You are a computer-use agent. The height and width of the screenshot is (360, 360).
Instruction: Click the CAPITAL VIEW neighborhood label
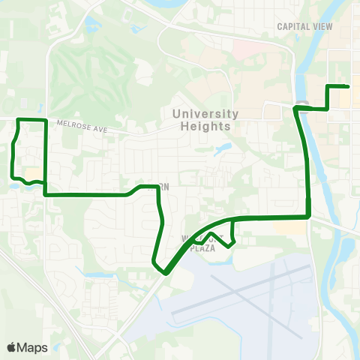click(305, 26)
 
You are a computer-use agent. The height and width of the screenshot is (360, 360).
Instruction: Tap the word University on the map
click(205, 114)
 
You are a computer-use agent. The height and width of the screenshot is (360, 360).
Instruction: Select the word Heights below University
click(205, 126)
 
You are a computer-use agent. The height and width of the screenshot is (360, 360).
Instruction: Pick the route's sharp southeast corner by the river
click(309, 217)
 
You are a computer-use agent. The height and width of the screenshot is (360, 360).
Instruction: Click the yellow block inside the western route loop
click(34, 174)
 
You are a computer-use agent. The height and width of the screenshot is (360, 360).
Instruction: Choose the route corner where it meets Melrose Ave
click(46, 121)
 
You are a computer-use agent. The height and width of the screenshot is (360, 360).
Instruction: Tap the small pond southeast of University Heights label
click(223, 148)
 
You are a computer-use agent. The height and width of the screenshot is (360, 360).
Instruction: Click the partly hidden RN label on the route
click(163, 186)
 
